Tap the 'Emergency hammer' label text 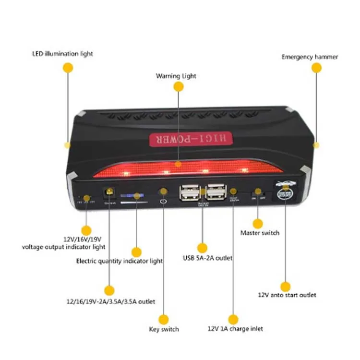click(x=310, y=57)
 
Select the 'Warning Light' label click(x=176, y=76)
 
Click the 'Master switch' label click(x=260, y=233)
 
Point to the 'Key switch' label click(x=164, y=329)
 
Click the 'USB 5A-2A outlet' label click(x=207, y=258)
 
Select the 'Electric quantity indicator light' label click(x=120, y=261)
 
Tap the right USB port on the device click(x=216, y=192)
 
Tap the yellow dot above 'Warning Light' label click(x=178, y=86)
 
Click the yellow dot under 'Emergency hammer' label click(x=316, y=68)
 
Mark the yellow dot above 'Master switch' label click(x=258, y=223)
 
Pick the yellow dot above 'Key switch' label click(x=164, y=319)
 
